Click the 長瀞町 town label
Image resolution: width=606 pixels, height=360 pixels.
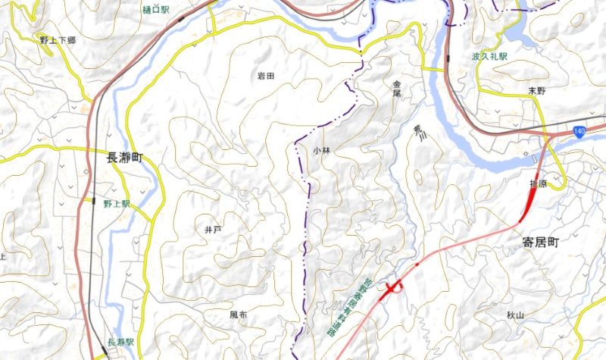pos(125,158)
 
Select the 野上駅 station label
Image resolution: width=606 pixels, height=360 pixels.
pos(117,205)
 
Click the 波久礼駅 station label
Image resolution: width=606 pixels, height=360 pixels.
pos(489,57)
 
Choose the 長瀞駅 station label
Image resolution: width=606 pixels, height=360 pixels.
pos(120,342)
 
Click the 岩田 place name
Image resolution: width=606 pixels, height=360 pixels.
pos(264,76)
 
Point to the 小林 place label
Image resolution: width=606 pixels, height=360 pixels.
pos(321,151)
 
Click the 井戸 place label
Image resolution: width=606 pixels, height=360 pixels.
pos(213,228)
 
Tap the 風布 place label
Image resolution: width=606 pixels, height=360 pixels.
pos(238,314)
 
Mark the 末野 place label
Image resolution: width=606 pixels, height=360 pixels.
pos(536,90)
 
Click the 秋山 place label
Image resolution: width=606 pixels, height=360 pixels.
pos(516,313)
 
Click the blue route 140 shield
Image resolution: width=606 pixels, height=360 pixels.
pos(579,132)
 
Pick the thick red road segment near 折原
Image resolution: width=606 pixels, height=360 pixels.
pos(530,200)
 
